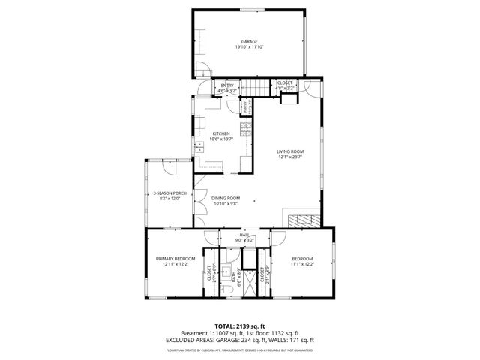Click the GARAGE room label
tap(249, 41)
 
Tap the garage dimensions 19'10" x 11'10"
tap(249, 47)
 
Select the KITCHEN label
tap(220, 134)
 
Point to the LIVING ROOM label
tap(289, 151)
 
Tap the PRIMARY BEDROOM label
tap(175, 258)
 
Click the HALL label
tap(244, 235)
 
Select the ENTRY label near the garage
tap(227, 85)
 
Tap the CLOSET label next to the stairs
tap(285, 82)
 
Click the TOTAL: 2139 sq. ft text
tap(239, 326)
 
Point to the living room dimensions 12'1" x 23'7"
tap(289, 157)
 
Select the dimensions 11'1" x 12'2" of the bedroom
tap(301, 264)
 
